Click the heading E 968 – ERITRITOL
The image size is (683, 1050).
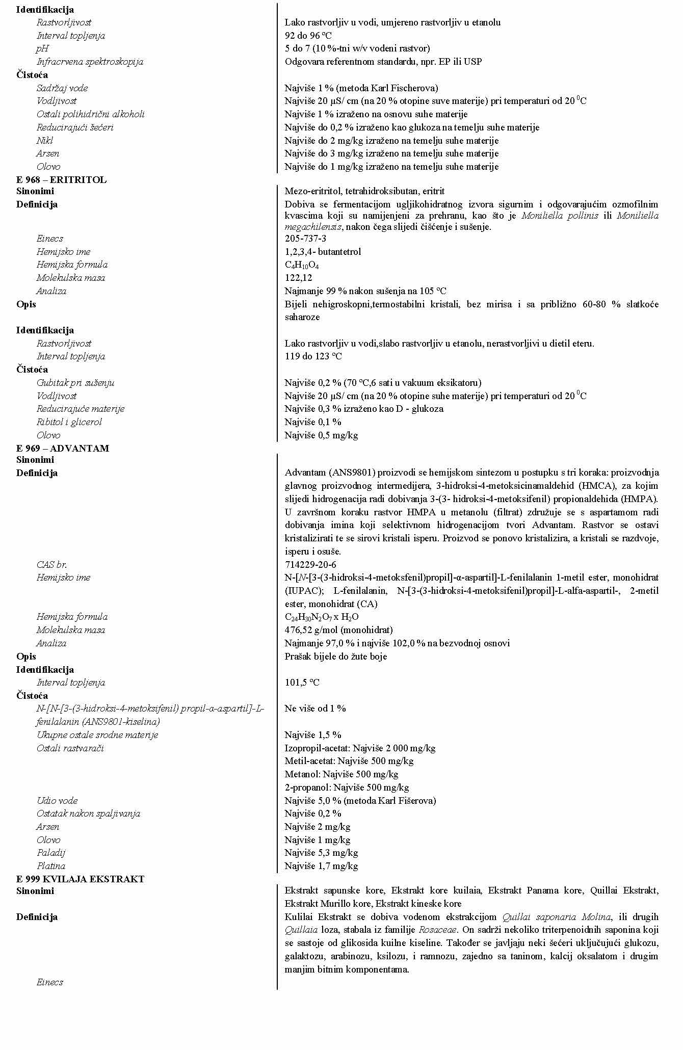(x=61, y=179)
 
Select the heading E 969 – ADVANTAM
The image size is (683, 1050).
(x=62, y=448)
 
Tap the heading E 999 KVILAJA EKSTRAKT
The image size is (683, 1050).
(x=80, y=879)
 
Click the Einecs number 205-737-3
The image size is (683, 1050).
(x=305, y=239)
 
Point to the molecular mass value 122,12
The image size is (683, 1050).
(x=298, y=278)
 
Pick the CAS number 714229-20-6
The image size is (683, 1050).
(x=310, y=564)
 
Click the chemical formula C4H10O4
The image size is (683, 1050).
(x=302, y=265)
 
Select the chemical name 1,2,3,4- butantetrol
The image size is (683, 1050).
(x=323, y=252)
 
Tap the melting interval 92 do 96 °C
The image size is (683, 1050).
(x=308, y=36)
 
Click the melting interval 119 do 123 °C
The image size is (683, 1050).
(x=313, y=356)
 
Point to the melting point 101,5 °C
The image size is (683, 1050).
(x=302, y=682)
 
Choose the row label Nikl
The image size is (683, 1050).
(x=44, y=141)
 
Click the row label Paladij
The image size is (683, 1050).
(x=50, y=853)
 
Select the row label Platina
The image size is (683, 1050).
(x=50, y=866)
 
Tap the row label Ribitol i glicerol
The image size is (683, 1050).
(x=69, y=422)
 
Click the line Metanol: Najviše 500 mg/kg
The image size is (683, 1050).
(x=341, y=774)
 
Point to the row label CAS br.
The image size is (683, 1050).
(x=51, y=564)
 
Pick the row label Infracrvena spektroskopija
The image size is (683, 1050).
(x=90, y=62)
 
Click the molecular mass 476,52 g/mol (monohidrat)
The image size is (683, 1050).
(x=338, y=630)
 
